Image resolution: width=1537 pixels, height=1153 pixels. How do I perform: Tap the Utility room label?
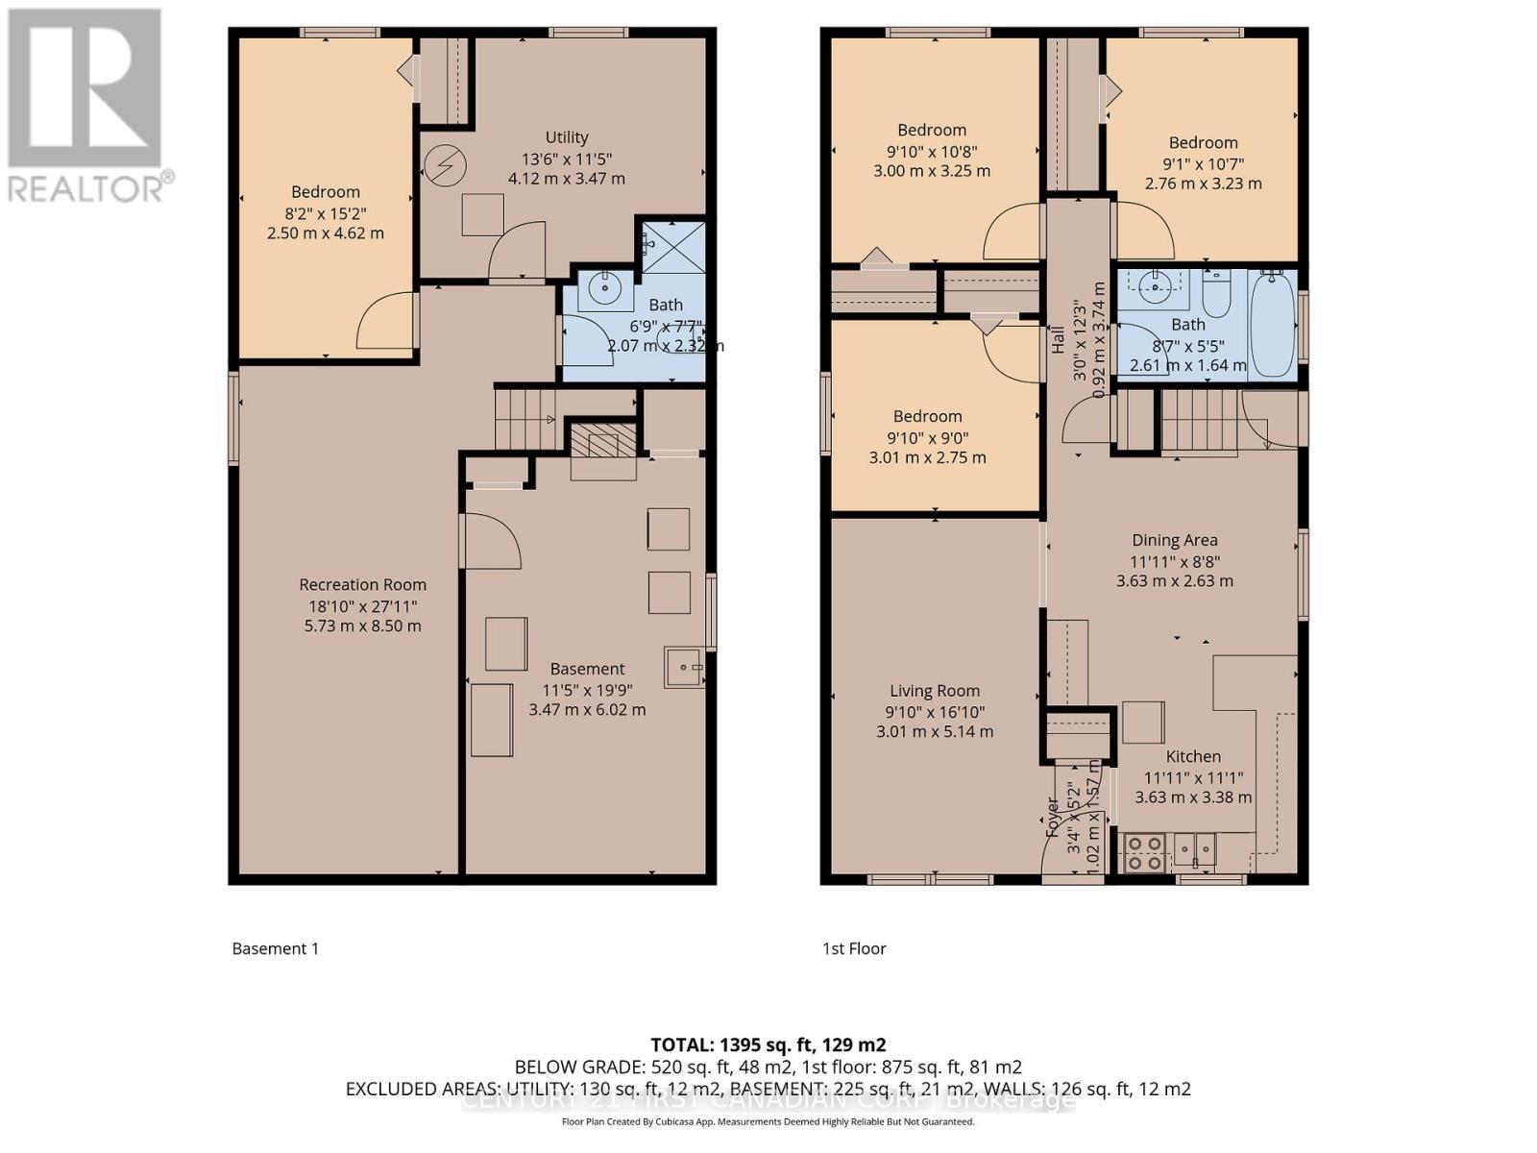[x=567, y=137]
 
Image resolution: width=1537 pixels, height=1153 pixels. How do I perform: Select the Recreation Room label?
[x=362, y=584]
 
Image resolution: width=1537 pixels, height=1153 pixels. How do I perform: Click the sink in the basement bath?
[x=605, y=286]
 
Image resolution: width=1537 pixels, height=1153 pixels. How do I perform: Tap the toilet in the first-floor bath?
[x=1216, y=293]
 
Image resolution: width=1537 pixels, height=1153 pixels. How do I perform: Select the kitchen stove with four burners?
[x=1144, y=852]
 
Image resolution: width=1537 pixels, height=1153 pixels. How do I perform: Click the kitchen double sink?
[x=1194, y=849]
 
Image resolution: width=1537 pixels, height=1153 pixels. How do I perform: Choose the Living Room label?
[x=934, y=690]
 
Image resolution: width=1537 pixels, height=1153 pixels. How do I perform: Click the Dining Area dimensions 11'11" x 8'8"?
[x=1174, y=561]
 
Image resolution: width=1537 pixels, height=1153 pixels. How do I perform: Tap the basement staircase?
[x=525, y=418]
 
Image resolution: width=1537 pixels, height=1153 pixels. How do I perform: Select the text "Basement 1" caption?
[x=275, y=948]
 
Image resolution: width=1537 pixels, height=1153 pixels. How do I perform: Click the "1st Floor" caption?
[x=854, y=948]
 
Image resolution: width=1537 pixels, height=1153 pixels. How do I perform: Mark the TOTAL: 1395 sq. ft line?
[x=768, y=1044]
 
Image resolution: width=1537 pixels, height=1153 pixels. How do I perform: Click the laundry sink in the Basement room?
[x=684, y=666]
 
